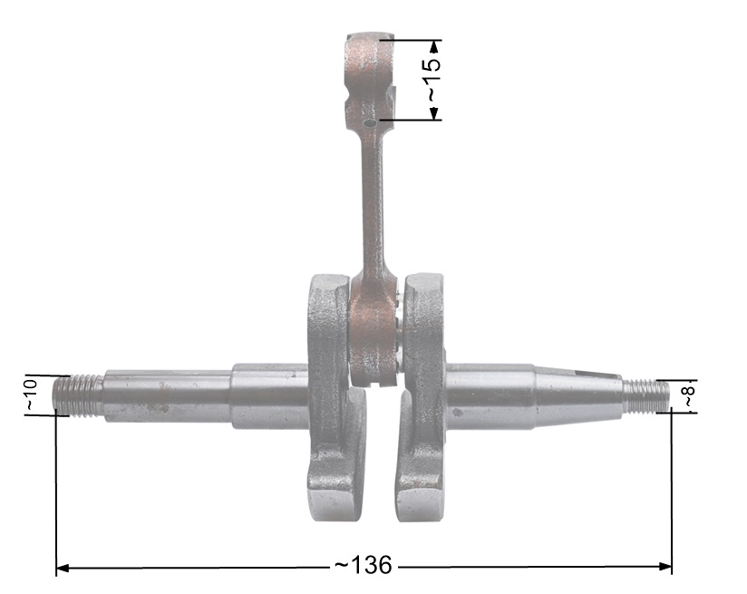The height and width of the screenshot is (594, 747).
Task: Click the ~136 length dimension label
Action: point(363,565)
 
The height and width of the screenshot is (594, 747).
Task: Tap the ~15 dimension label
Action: point(432,80)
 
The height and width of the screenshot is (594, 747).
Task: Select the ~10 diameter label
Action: point(31,395)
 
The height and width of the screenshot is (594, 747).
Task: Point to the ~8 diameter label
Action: point(690,396)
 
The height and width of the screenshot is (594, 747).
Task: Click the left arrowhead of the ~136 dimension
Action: point(63,568)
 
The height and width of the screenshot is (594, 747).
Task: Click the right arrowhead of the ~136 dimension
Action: point(665,567)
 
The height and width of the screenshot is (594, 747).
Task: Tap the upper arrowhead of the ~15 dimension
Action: point(433,46)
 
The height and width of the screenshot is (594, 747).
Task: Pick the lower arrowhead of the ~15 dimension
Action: point(433,113)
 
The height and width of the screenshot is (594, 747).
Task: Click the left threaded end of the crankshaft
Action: point(78,395)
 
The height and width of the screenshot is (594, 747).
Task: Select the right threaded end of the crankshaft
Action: point(645,395)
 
